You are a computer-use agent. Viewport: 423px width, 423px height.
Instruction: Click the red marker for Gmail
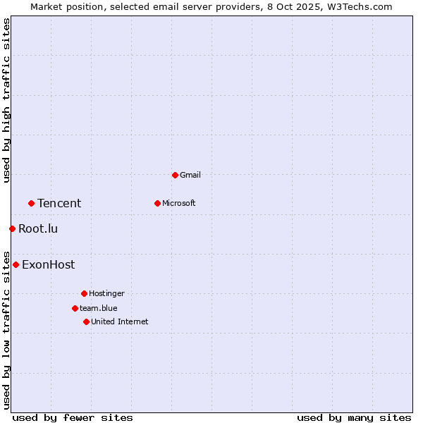[x=175, y=175]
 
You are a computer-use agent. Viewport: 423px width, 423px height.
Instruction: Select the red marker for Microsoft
[x=157, y=203]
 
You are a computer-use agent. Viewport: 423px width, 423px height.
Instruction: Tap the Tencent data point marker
[x=31, y=203]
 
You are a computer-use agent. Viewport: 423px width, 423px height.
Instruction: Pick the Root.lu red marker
[x=12, y=228]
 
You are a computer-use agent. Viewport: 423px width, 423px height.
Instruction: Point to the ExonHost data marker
[x=16, y=264]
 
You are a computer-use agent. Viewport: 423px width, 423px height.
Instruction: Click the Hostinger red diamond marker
[x=84, y=293]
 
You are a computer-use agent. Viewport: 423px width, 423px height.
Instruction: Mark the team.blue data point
[x=75, y=308]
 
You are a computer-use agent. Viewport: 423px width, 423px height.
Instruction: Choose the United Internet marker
[x=86, y=321]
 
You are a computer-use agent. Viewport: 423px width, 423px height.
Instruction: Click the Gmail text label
[x=190, y=175]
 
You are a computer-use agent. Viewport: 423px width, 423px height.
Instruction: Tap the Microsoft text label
[x=178, y=203]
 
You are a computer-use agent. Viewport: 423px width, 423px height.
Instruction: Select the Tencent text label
[x=59, y=204]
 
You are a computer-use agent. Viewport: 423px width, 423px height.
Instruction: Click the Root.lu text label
[x=38, y=228]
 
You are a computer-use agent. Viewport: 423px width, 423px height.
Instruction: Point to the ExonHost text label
[x=48, y=265]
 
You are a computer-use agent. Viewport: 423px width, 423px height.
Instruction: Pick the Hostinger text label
[x=106, y=293]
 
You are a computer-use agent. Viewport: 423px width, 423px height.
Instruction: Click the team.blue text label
[x=99, y=308]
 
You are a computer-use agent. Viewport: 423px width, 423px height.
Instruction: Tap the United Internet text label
[x=120, y=321]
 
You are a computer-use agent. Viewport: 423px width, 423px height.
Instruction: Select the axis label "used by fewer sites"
[x=73, y=417]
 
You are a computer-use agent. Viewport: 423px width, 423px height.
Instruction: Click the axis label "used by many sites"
[x=354, y=417]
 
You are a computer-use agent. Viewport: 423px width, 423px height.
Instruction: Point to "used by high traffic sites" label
[x=7, y=100]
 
